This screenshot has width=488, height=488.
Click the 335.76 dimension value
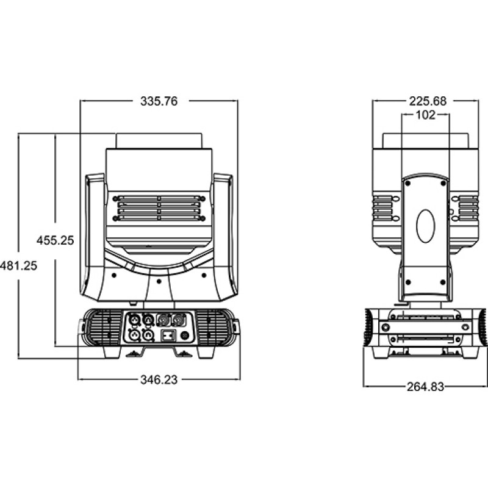pyautogui.click(x=159, y=102)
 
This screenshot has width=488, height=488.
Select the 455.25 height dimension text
pyautogui.click(x=55, y=240)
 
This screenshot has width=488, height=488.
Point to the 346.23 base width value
pyautogui.click(x=159, y=379)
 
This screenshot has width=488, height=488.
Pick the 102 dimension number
pyautogui.click(x=425, y=115)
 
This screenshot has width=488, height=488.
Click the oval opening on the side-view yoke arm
pyautogui.click(x=426, y=225)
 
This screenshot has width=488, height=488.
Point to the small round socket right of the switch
pyautogui.click(x=184, y=335)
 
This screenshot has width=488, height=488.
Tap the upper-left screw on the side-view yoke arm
pyautogui.click(x=409, y=182)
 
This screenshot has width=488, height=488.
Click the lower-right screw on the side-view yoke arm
pyautogui.click(x=443, y=282)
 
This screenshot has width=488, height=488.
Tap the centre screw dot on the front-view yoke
pyautogui.click(x=159, y=281)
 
